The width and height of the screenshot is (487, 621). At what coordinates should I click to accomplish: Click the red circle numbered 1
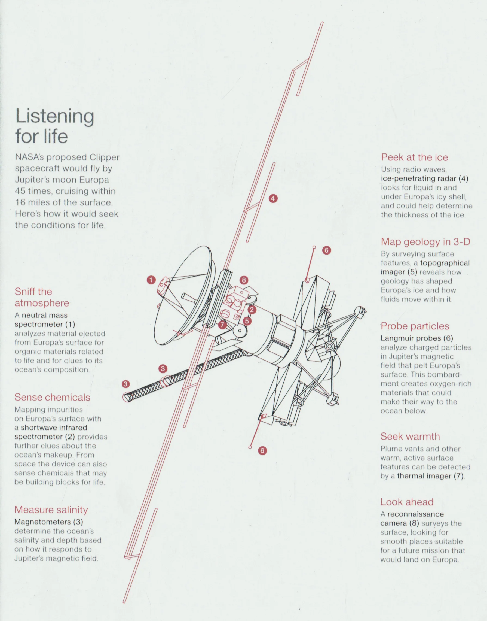[151, 280]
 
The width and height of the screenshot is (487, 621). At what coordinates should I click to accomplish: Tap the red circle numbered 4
[273, 198]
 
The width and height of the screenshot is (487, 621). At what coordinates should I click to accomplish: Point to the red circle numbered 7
[222, 325]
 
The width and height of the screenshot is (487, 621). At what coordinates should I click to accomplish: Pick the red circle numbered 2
[252, 309]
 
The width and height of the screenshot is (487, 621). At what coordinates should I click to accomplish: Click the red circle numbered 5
[247, 321]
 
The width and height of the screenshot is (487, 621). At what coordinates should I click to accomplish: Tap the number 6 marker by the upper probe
[326, 250]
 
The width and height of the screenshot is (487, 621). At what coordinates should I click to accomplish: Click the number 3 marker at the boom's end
[125, 384]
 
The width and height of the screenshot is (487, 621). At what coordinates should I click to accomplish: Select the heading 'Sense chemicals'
[52, 397]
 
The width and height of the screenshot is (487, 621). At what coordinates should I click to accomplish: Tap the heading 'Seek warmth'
[410, 436]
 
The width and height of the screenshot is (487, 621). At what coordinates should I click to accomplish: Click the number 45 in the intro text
[20, 191]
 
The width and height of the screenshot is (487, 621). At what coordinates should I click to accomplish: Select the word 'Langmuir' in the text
[397, 338]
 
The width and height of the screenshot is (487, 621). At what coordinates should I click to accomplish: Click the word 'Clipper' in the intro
[104, 157]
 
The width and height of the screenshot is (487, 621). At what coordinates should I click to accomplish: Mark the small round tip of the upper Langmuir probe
[314, 247]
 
